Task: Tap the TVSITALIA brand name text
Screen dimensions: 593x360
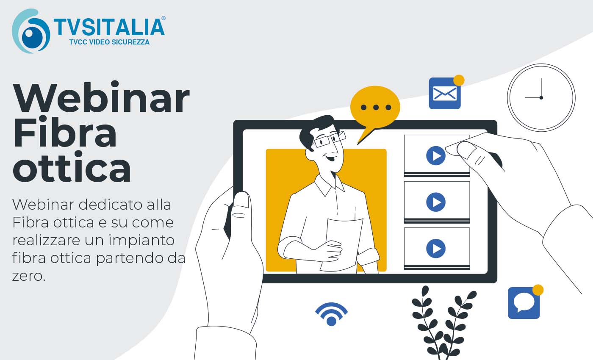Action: (109, 27)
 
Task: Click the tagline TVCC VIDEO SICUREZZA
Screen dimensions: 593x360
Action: (109, 42)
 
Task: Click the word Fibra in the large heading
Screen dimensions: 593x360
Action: (65, 132)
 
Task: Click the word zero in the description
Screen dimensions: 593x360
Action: (29, 276)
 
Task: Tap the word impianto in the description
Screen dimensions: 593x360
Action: (141, 241)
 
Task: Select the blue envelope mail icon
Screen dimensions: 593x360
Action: (445, 94)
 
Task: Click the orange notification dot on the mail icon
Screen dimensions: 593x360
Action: (459, 80)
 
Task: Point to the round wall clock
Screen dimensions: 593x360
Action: (541, 97)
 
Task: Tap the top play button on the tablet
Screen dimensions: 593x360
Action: (436, 156)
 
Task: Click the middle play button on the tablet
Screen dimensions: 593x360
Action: (436, 202)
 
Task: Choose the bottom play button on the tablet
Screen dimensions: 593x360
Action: (436, 248)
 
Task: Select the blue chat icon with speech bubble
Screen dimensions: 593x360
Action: (524, 303)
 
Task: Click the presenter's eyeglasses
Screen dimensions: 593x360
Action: (330, 139)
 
